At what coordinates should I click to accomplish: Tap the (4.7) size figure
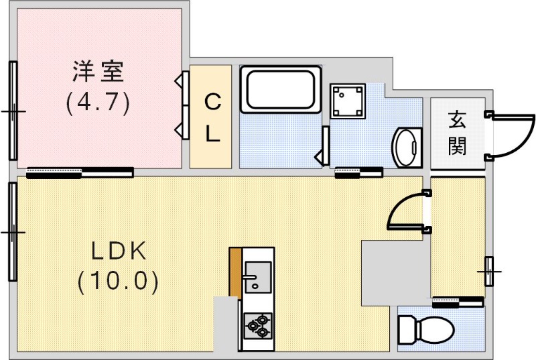point(98,103)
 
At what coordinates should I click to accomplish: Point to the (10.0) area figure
point(119,280)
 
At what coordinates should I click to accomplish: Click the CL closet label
point(212,117)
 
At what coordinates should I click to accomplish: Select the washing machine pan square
point(348,101)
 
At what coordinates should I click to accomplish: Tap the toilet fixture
point(425,329)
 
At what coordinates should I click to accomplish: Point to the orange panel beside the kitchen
point(235,272)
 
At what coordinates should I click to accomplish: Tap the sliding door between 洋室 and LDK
point(80,173)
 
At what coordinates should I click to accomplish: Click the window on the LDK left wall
point(13,231)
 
